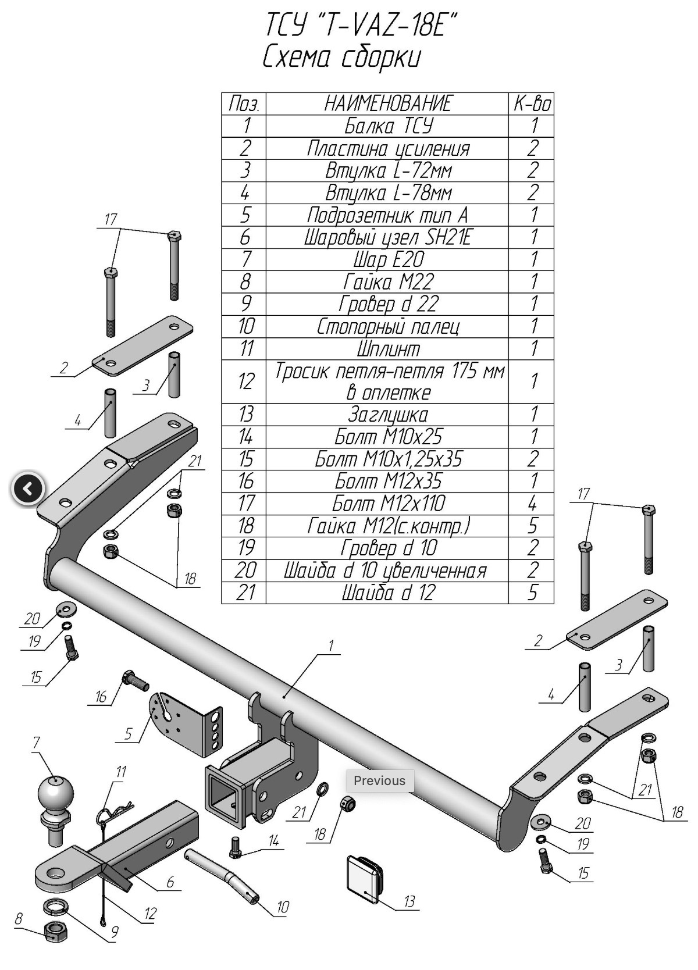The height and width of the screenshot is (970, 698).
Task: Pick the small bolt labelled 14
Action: pos(236,847)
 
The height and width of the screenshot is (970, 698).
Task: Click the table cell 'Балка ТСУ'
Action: pos(387,126)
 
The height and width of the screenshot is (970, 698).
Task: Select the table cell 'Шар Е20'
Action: pos(387,259)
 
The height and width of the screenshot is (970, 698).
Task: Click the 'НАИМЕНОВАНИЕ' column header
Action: pos(387,104)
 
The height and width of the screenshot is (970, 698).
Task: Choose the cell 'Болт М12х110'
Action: pos(387,503)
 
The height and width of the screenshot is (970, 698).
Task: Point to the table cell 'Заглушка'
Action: pos(387,415)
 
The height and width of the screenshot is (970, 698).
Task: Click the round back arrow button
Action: pos(27,489)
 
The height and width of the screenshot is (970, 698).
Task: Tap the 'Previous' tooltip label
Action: pos(379,780)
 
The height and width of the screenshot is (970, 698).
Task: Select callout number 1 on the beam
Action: pos(331,646)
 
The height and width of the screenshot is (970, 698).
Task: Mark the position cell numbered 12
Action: pos(245,381)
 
